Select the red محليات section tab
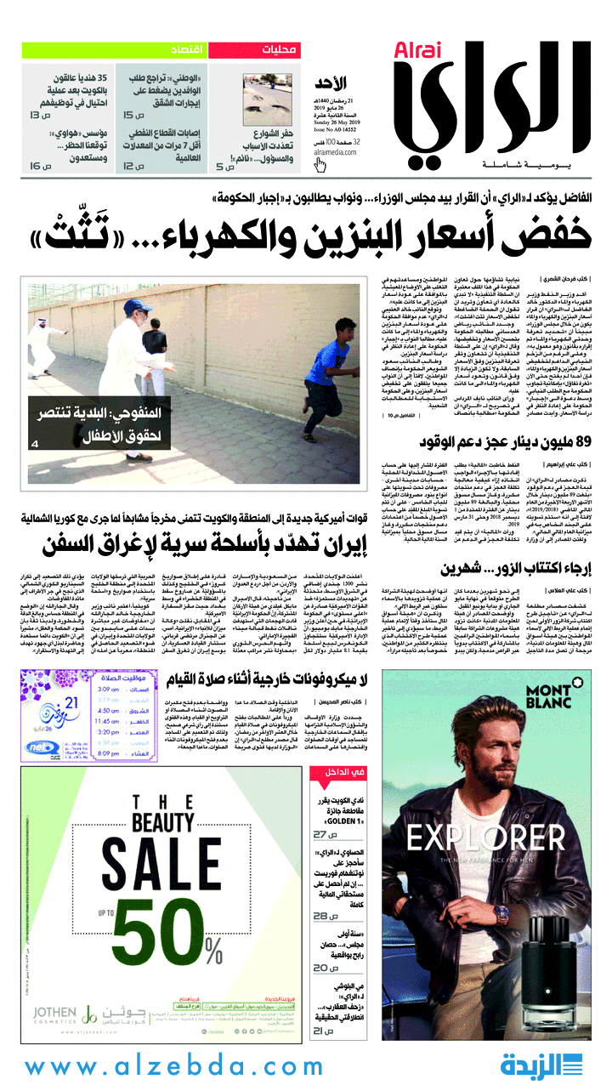tap(254, 49)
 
